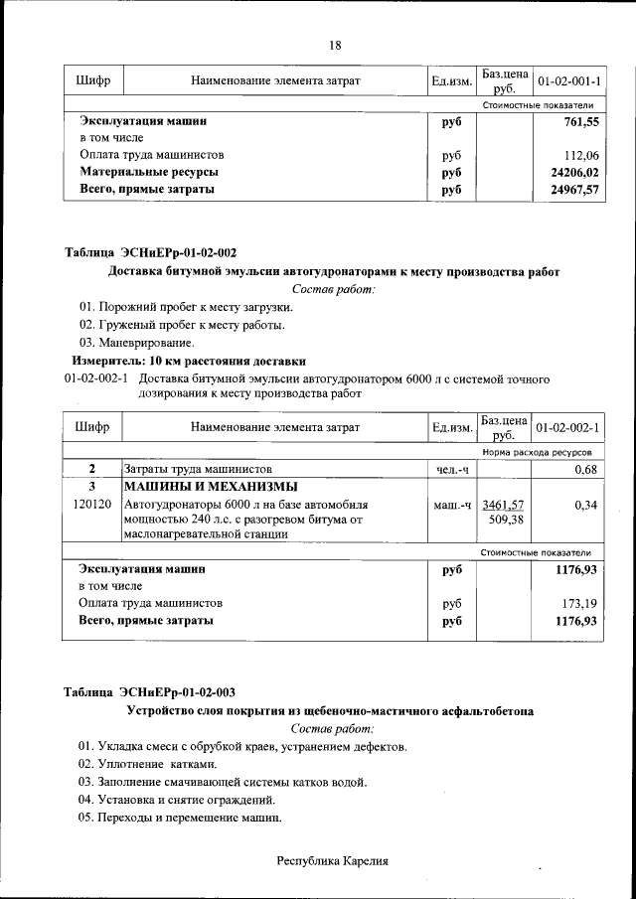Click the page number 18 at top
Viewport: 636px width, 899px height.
(x=335, y=46)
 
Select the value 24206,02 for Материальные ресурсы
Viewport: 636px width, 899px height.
(x=576, y=172)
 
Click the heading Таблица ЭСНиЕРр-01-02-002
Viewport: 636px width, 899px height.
(x=150, y=252)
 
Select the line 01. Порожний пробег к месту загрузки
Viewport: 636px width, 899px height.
(x=186, y=307)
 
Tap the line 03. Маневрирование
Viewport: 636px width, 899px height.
(x=136, y=343)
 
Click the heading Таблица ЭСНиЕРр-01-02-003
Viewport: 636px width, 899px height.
(x=150, y=692)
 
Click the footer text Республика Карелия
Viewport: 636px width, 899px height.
(x=332, y=861)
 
